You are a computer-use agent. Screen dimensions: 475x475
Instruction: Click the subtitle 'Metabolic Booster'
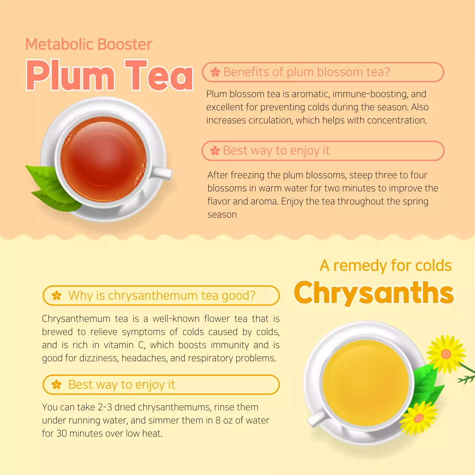click(x=89, y=45)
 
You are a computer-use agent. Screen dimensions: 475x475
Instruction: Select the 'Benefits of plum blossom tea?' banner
click(x=322, y=72)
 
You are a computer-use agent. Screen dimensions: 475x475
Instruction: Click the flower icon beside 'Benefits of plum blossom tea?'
click(x=215, y=72)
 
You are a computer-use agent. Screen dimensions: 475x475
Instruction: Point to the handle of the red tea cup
click(x=162, y=173)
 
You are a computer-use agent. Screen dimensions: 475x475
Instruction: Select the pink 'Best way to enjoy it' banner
click(x=322, y=151)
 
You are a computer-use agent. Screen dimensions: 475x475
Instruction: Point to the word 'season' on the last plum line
click(x=222, y=215)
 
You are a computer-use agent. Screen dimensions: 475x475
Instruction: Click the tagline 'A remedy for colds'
click(x=386, y=266)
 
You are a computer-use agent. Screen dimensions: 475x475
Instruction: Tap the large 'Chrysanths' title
click(x=374, y=293)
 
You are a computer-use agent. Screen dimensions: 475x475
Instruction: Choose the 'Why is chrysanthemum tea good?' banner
click(x=161, y=296)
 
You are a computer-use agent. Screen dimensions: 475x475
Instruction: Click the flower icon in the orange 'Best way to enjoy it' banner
click(x=57, y=385)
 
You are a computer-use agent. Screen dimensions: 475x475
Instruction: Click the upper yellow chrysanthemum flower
click(x=446, y=353)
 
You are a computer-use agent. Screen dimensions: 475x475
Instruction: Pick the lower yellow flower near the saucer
click(x=418, y=418)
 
